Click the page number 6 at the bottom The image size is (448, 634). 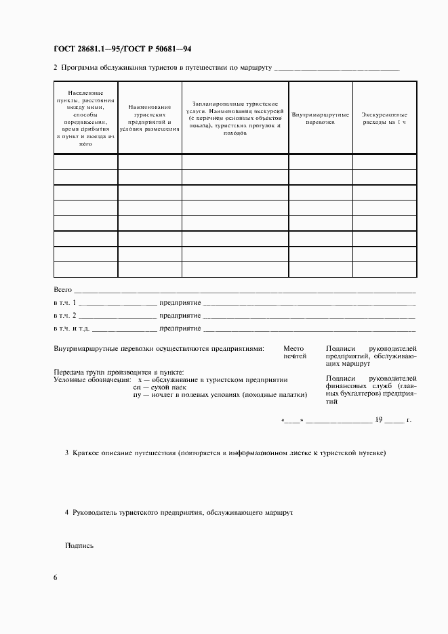(x=55, y=577)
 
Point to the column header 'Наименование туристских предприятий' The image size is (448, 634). (x=149, y=118)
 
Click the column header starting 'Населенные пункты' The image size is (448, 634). (x=85, y=118)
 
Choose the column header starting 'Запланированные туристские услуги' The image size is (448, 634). (x=235, y=119)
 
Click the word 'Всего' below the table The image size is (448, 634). (x=62, y=289)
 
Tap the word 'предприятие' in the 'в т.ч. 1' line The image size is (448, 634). (x=180, y=302)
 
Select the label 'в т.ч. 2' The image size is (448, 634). (x=65, y=316)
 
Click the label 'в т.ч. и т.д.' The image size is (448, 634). (x=71, y=329)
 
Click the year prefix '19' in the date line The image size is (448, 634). (x=380, y=420)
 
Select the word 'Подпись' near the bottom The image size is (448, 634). (x=79, y=545)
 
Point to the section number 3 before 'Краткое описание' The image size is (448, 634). (x=66, y=452)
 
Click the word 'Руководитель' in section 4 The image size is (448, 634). (x=95, y=513)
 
